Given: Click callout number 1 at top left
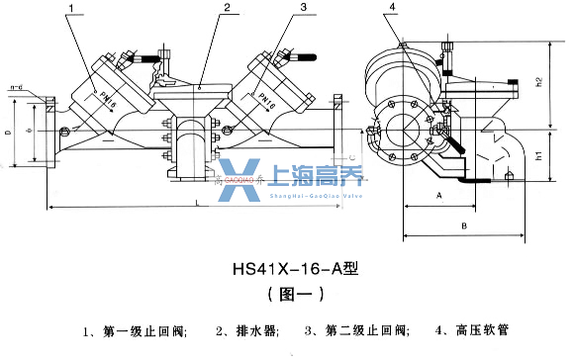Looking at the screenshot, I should [x=72, y=8].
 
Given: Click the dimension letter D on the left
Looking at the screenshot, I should [x=9, y=131].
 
